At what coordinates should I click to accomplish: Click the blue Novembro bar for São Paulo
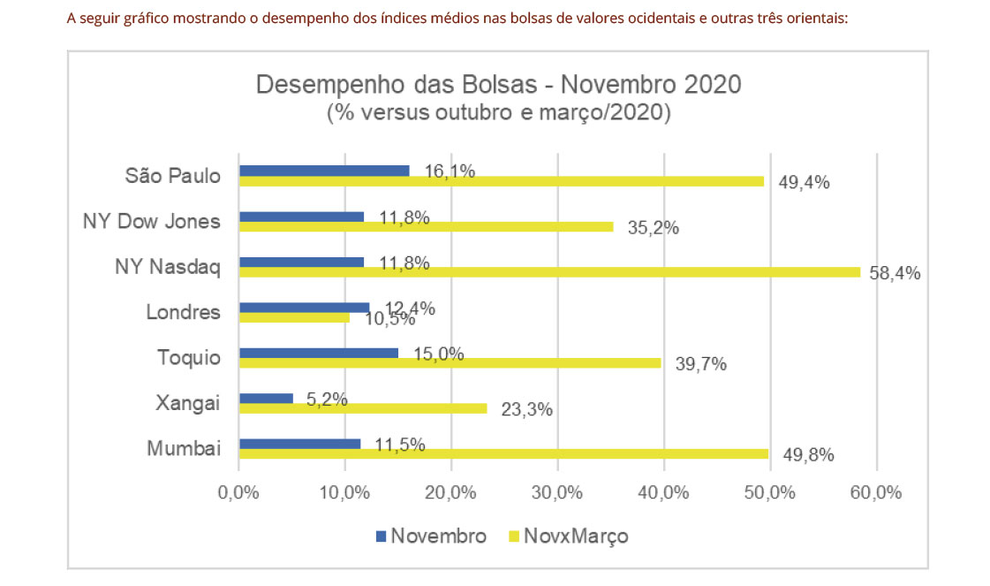click(323, 171)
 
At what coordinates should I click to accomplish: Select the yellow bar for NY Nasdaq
click(549, 272)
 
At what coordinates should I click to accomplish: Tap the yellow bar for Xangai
click(362, 408)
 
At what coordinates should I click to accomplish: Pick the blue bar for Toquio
click(318, 353)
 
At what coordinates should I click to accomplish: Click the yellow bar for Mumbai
click(503, 453)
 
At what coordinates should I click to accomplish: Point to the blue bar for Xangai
click(265, 398)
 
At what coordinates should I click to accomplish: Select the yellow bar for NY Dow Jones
click(426, 226)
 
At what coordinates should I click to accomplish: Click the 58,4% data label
click(895, 274)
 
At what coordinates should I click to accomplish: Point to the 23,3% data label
click(526, 410)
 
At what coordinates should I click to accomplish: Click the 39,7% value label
click(700, 364)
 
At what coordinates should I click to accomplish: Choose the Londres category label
click(183, 312)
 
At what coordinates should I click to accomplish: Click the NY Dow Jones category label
click(152, 221)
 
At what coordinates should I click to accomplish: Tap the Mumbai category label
click(184, 448)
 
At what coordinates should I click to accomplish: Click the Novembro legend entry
click(432, 537)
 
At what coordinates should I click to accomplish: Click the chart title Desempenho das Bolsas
click(498, 86)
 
